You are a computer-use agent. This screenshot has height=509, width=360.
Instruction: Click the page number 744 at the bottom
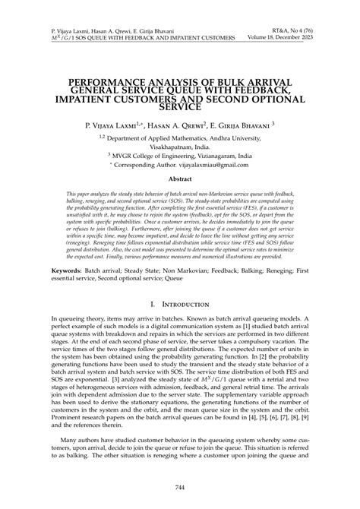[179, 485]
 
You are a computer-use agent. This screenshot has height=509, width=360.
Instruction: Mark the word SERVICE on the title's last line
[179, 109]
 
